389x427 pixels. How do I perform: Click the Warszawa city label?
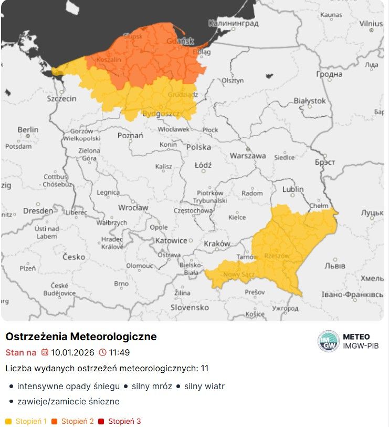pyautogui.click(x=247, y=156)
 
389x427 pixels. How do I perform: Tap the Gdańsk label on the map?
pyautogui.click(x=180, y=41)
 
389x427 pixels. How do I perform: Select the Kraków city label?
pyautogui.click(x=217, y=243)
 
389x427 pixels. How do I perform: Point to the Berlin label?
pyautogui.click(x=28, y=129)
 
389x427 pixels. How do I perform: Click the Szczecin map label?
pyautogui.click(x=61, y=98)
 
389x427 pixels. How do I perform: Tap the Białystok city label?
pyautogui.click(x=309, y=100)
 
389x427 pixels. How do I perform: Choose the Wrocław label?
pyautogui.click(x=133, y=208)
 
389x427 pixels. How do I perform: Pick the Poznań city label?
pyautogui.click(x=130, y=135)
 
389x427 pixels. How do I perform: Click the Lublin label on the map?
pyautogui.click(x=292, y=189)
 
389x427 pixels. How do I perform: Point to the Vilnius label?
pyautogui.click(x=371, y=24)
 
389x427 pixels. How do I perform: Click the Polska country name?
pyautogui.click(x=198, y=147)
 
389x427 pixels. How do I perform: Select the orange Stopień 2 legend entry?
pyautogui.click(x=77, y=421)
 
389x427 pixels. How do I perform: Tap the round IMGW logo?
pyautogui.click(x=329, y=341)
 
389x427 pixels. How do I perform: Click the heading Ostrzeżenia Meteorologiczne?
pyautogui.click(x=81, y=337)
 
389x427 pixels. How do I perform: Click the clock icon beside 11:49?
pyautogui.click(x=102, y=352)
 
